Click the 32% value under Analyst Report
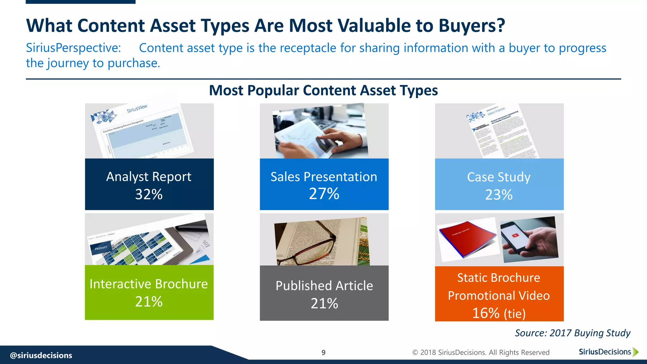[149, 194]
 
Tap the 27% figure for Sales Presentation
[324, 194]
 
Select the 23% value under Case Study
[499, 195]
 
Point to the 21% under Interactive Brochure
[149, 301]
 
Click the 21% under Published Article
[324, 303]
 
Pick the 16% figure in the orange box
[486, 313]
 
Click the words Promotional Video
[499, 295]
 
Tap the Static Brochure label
[499, 277]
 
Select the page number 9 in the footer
[323, 353]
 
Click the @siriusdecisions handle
[41, 355]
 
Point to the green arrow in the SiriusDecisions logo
[636, 352]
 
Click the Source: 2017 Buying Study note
[572, 333]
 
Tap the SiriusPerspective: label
[73, 48]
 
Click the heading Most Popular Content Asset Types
[323, 90]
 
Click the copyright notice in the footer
[481, 352]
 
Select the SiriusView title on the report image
[137, 108]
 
